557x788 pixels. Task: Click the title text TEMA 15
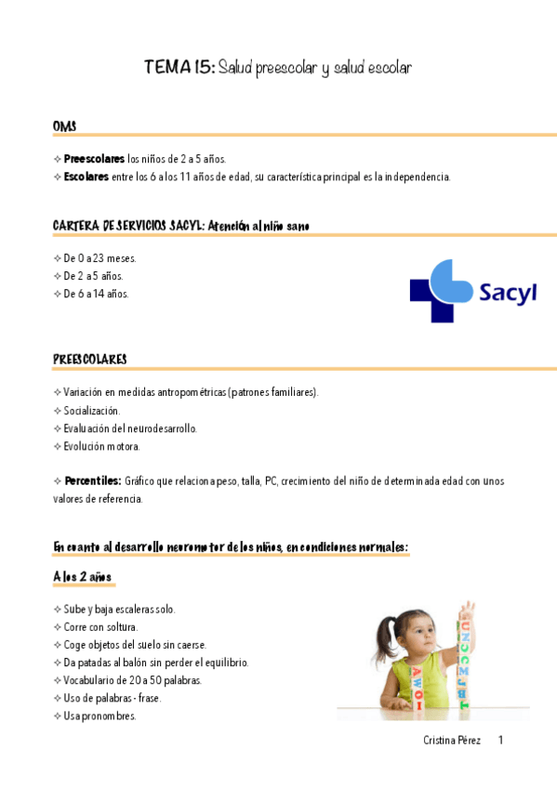point(179,68)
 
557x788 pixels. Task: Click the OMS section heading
point(64,125)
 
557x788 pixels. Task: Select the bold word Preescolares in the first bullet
point(94,159)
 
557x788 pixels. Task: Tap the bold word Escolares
point(86,177)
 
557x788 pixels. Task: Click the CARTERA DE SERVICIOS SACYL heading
point(129,226)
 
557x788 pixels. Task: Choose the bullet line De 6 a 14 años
point(96,294)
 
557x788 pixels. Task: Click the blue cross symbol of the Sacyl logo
point(443,291)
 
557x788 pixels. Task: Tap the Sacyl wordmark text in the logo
point(508,294)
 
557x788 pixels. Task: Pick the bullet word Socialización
point(91,410)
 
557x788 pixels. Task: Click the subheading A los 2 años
point(82,577)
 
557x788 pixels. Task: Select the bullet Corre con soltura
point(100,627)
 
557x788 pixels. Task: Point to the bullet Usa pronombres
point(99,716)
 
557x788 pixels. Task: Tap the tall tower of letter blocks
point(464,660)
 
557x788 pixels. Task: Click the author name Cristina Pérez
point(451,741)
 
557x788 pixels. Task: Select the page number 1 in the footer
point(500,741)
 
